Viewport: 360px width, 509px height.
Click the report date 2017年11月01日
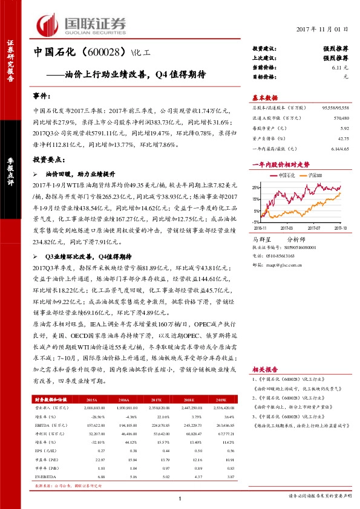(x=323, y=29)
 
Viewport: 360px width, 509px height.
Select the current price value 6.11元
(x=341, y=68)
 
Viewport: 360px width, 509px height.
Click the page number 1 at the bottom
(x=180, y=497)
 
